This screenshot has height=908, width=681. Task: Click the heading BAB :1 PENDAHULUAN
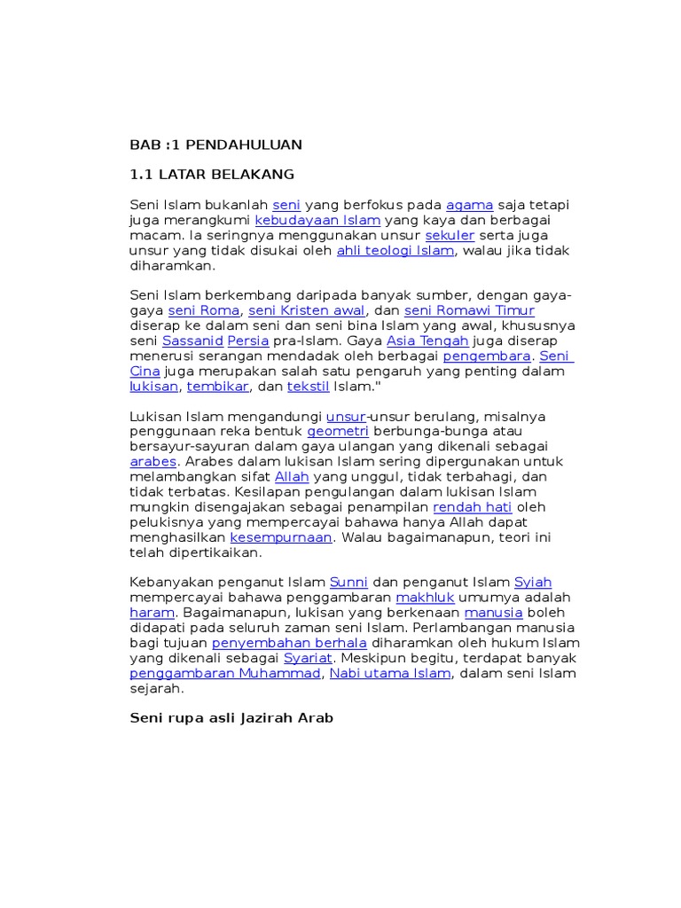215,145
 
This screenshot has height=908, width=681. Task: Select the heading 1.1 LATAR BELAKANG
211,175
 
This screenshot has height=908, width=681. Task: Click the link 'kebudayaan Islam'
317,220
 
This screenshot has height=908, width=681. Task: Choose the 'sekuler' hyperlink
450,235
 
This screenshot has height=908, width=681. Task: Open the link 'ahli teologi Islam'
395,250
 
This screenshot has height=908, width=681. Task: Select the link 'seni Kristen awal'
307,310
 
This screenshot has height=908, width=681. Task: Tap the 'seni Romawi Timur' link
469,310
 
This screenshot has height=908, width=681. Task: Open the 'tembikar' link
218,387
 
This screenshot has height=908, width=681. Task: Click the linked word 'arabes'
153,461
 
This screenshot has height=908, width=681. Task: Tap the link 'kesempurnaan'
281,536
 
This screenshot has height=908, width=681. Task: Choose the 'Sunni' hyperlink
348,583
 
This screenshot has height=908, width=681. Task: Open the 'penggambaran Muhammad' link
225,673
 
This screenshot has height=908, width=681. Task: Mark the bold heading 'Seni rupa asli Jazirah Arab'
231,717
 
